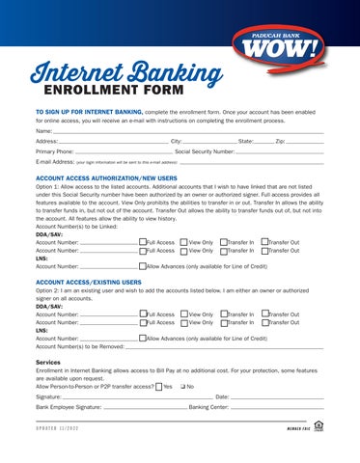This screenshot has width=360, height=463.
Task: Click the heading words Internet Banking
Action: tap(120, 73)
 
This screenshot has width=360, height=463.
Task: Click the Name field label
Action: tap(43, 129)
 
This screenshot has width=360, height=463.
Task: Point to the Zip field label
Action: tap(279, 141)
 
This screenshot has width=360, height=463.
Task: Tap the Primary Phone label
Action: tap(54, 151)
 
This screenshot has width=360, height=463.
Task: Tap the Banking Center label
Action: tap(209, 407)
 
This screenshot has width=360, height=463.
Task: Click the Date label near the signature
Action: tap(221, 396)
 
